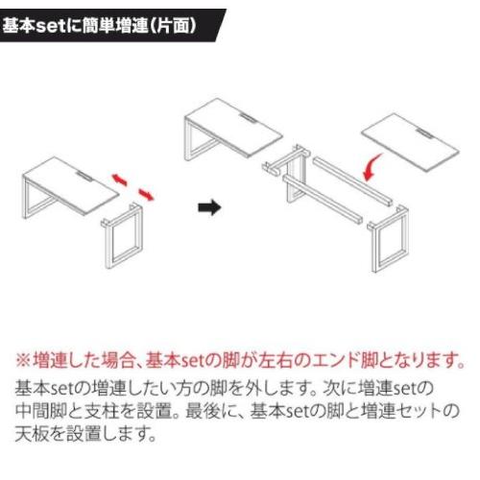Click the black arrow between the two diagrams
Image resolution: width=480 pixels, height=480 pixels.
click(209, 207)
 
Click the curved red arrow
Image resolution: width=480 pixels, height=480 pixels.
click(372, 167)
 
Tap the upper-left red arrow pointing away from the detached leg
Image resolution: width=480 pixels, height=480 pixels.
click(119, 180)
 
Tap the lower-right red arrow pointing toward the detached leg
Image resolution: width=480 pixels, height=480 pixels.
click(146, 195)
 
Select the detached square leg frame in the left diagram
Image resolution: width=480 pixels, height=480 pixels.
click(108, 243)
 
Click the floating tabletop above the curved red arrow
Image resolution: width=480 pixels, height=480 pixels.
click(411, 142)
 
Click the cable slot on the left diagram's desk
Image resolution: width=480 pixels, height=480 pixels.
click(83, 175)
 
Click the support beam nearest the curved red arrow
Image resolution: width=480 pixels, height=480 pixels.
click(352, 180)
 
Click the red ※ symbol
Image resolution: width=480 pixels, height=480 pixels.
click(23, 360)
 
